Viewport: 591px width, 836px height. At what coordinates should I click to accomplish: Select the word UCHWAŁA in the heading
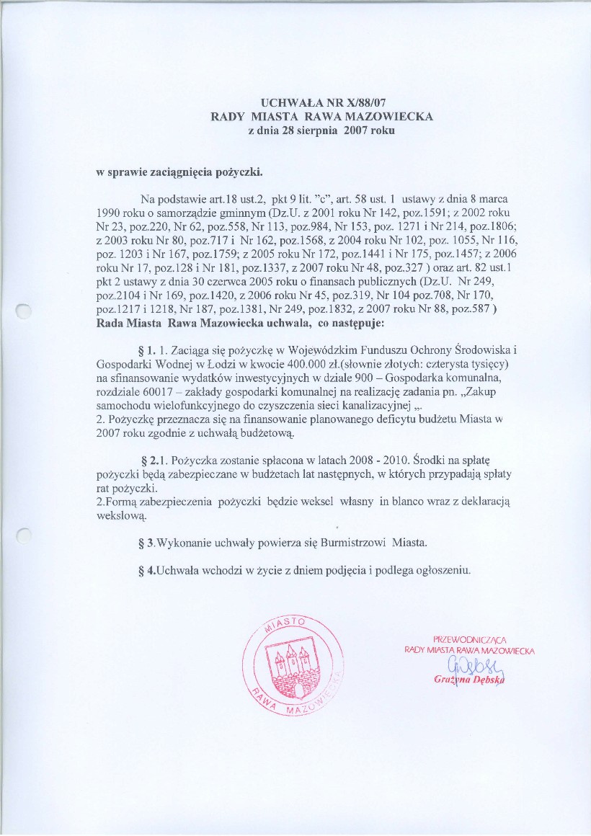288,104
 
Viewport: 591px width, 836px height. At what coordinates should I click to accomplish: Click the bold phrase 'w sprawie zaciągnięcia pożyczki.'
179,173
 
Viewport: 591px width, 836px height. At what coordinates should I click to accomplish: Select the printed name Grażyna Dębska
468,680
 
